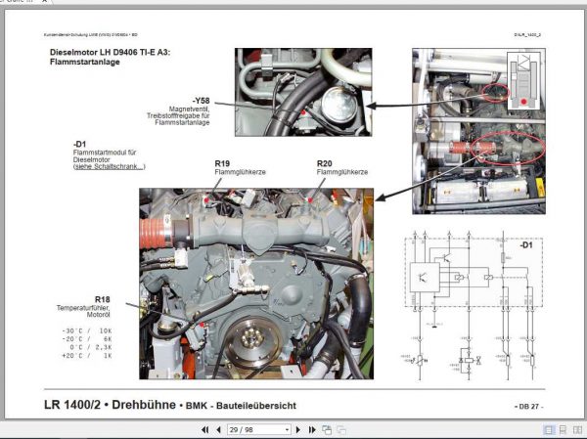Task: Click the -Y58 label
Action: click(x=203, y=101)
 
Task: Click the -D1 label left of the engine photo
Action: click(x=80, y=146)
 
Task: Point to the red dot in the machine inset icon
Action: click(x=525, y=101)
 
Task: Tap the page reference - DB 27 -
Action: click(x=529, y=406)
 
